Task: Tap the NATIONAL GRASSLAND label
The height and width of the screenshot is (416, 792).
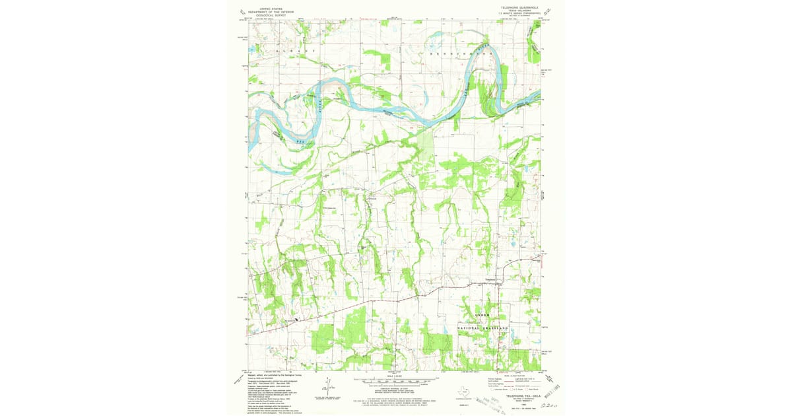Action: coord(484,328)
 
